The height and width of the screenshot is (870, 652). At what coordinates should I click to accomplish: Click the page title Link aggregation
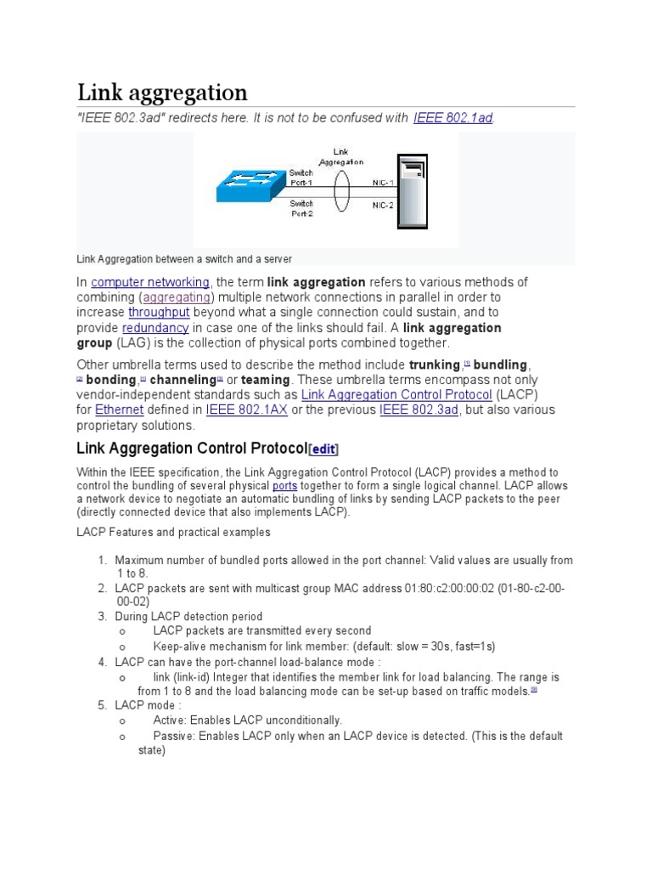162,92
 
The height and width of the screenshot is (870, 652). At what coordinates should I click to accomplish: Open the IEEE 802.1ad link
452,118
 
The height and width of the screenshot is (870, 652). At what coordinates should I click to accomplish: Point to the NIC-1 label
383,183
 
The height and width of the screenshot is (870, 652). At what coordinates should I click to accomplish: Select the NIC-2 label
383,205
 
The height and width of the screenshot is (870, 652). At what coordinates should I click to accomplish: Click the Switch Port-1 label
301,178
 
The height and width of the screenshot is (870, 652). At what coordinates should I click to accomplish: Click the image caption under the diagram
184,258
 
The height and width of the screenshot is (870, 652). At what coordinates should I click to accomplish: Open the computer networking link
150,282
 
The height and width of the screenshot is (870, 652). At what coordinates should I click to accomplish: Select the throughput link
157,313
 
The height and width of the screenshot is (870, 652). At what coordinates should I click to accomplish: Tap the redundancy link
155,328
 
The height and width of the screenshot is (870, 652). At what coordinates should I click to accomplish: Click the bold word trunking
435,364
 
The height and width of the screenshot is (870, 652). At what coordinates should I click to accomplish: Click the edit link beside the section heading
323,449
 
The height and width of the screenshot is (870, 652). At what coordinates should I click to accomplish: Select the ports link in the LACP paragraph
284,486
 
